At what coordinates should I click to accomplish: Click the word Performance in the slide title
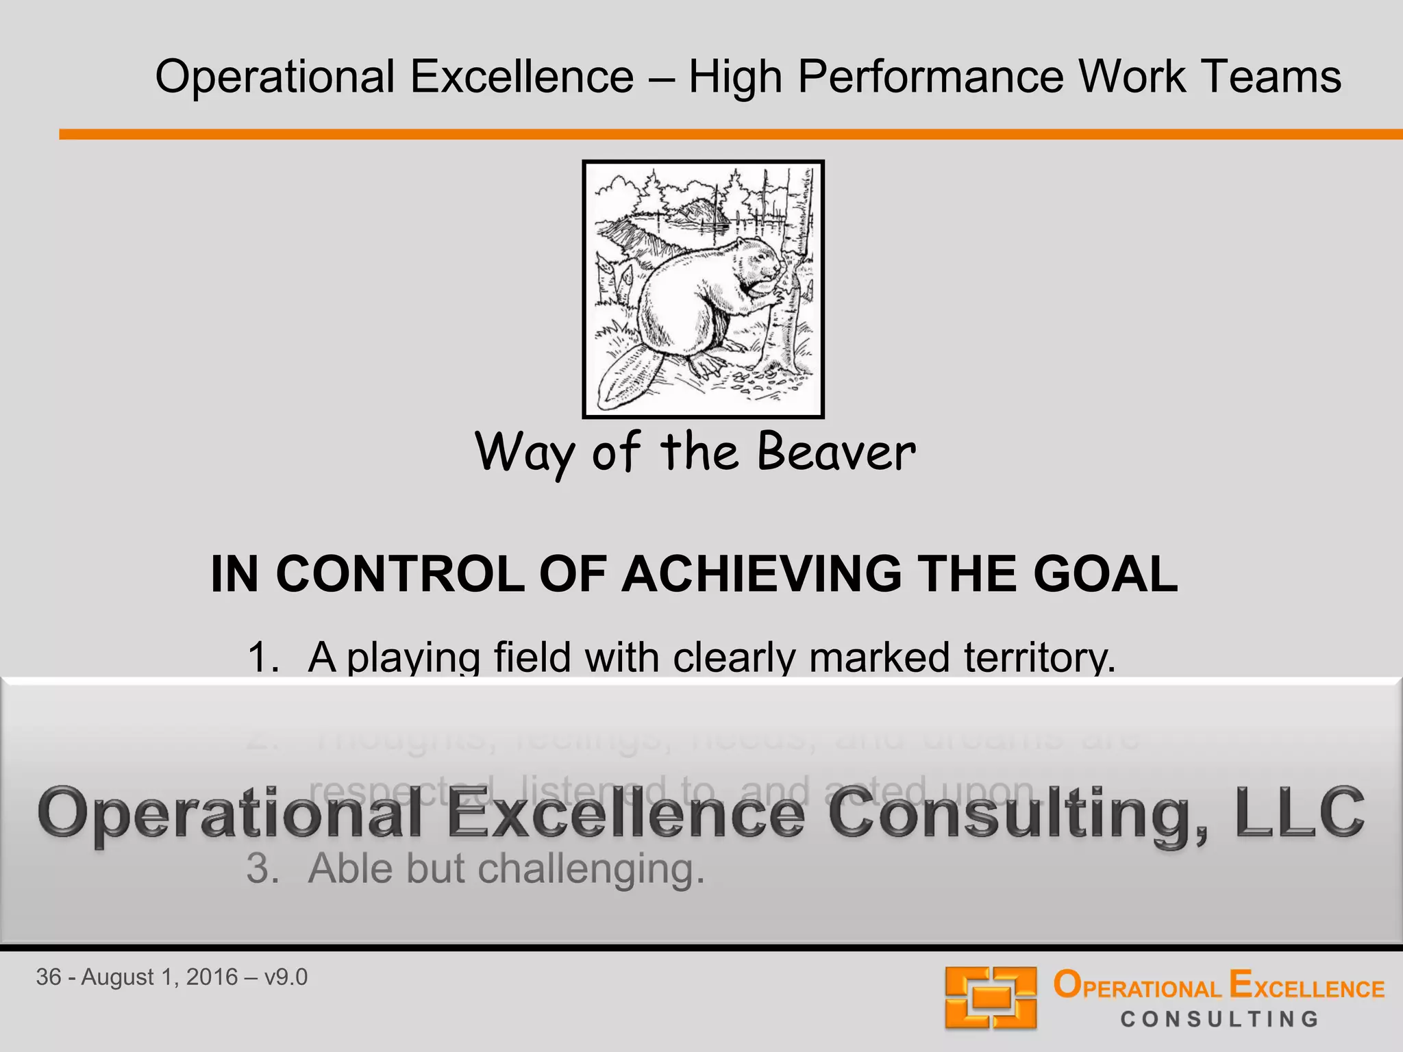click(x=930, y=77)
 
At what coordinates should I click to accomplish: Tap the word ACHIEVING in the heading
click(x=761, y=574)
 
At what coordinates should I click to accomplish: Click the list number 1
click(x=262, y=657)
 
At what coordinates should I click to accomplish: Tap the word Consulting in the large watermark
click(x=1014, y=814)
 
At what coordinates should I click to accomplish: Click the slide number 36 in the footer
click(x=49, y=977)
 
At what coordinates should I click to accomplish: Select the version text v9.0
click(x=286, y=977)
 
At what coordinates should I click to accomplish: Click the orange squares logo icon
click(x=990, y=997)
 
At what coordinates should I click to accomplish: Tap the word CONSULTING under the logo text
click(x=1219, y=1019)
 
